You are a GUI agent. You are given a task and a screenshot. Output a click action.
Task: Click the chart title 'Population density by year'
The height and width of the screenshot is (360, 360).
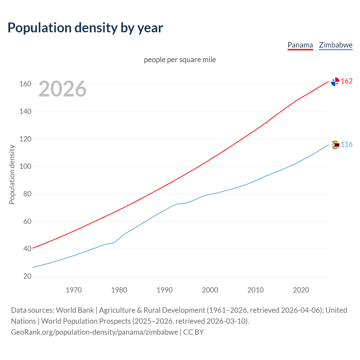85,28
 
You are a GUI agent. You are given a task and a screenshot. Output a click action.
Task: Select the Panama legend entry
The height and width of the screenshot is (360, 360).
300,45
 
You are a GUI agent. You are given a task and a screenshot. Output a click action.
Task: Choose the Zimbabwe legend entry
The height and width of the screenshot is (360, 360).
336,45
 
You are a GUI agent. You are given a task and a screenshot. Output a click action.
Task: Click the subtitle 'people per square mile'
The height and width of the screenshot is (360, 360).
180,60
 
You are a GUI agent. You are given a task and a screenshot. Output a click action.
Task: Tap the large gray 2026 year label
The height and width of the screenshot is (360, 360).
62,89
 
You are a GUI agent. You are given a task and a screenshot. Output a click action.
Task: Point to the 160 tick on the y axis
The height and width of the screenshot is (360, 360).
25,84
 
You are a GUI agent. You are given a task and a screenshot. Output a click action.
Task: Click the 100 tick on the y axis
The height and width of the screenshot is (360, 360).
25,166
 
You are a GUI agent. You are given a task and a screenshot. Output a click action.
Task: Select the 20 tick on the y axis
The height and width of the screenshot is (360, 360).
27,276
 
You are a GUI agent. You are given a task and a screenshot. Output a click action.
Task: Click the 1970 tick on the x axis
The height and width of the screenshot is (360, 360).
74,290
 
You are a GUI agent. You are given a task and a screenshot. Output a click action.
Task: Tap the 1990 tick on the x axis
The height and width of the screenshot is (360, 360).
165,290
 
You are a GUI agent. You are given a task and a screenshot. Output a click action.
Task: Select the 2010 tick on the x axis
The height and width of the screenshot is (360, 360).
255,290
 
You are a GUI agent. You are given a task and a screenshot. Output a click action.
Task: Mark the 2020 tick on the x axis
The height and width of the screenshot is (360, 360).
301,290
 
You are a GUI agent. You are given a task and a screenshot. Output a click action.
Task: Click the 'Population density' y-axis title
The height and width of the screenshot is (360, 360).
12,174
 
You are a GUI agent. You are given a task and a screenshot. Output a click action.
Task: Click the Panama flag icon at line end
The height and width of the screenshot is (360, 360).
335,82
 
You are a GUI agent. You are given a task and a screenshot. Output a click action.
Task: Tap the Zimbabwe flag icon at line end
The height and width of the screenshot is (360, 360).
335,145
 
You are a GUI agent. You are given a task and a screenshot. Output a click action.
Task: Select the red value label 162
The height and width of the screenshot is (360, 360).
346,81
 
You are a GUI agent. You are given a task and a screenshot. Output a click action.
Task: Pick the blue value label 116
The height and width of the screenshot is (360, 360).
346,145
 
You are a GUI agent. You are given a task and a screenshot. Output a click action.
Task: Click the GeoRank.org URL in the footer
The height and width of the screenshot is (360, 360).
94,332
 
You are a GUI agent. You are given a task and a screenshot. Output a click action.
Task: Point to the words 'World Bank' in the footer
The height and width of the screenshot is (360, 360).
75,310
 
